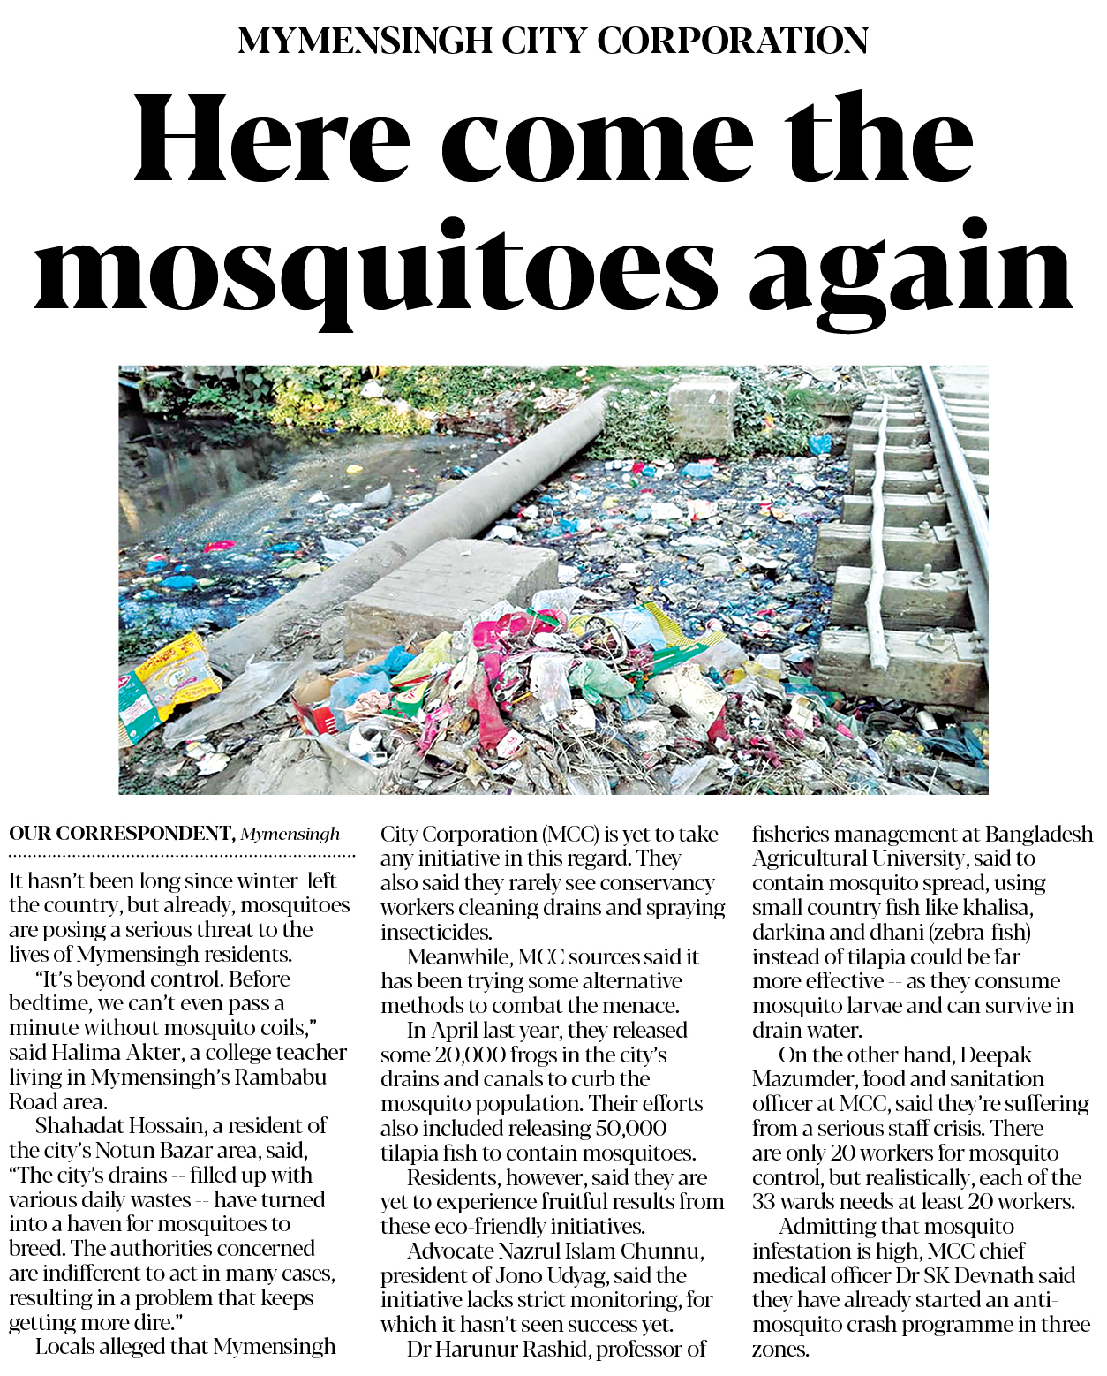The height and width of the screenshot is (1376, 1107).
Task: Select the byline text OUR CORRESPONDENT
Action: (x=120, y=834)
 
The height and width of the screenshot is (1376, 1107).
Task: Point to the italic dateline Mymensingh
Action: (x=290, y=835)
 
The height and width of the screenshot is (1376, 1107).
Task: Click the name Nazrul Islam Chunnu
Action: (x=600, y=1251)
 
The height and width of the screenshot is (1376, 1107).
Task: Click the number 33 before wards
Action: (x=765, y=1202)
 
